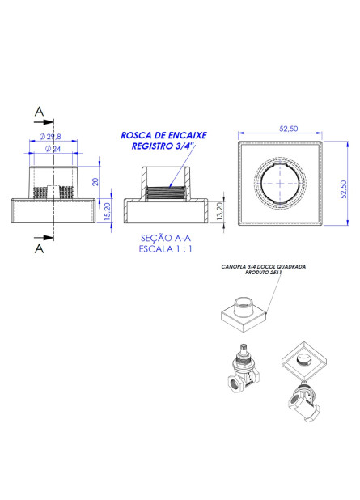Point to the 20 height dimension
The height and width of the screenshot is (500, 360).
click(95, 182)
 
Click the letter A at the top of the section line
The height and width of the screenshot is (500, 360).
click(39, 112)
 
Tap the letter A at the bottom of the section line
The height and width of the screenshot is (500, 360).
click(38, 249)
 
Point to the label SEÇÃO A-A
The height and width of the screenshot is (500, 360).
click(165, 239)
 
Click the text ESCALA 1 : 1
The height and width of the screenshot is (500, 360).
click(166, 250)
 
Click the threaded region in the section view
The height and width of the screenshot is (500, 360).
click(166, 193)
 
